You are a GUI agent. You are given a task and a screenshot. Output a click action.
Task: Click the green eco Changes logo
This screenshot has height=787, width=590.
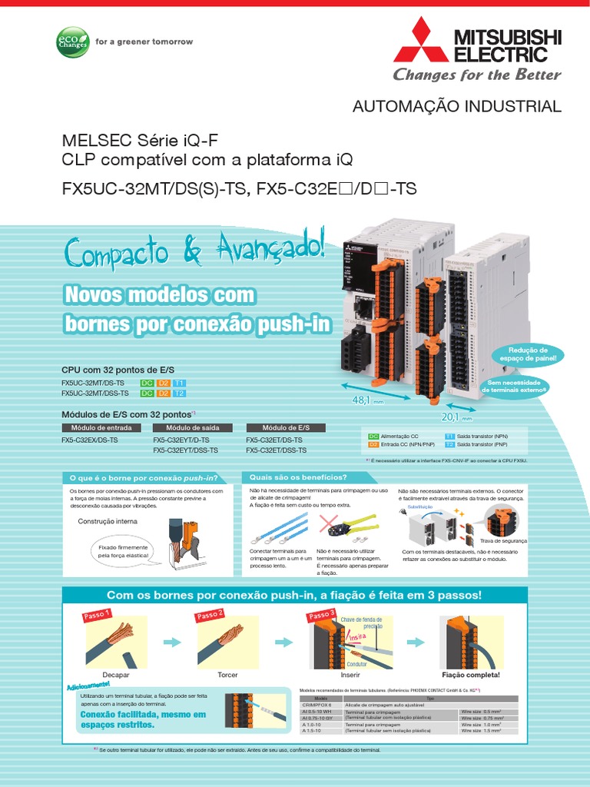[73, 42]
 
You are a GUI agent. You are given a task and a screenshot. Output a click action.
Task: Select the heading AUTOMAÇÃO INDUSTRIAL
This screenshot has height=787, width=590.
[456, 106]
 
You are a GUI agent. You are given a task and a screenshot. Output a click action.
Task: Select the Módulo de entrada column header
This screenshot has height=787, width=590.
[101, 428]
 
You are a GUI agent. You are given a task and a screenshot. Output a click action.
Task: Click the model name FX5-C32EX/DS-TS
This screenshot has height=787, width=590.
[90, 440]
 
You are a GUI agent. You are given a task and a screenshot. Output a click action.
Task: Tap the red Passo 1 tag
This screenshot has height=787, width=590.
[96, 616]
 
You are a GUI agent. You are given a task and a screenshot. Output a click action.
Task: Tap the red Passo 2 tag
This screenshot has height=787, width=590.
[210, 615]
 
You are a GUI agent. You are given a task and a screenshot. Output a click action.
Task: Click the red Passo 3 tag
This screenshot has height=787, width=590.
[321, 615]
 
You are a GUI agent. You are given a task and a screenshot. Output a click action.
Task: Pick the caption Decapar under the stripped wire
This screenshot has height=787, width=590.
[115, 675]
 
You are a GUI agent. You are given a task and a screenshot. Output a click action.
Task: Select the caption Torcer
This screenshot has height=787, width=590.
[227, 675]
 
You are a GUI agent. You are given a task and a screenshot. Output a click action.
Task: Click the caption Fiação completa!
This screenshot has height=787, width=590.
[472, 675]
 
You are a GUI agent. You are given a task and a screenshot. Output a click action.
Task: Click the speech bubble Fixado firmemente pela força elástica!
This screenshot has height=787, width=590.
[121, 551]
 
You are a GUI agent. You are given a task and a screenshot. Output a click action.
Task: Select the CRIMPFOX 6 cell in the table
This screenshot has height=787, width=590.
[317, 706]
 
